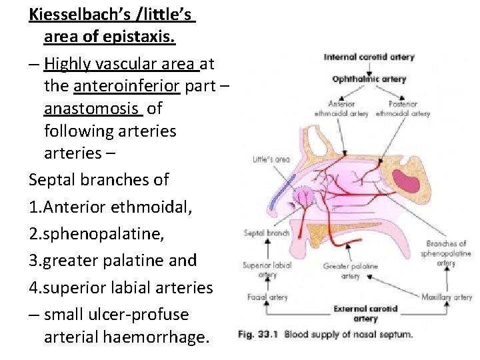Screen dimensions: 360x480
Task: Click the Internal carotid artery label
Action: pos(368,57)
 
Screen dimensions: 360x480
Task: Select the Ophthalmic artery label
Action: pos(369,79)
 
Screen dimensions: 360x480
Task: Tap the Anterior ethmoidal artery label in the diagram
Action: pos(341,109)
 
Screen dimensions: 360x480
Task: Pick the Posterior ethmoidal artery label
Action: pos(402,109)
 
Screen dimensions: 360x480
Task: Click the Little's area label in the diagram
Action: pos(271,160)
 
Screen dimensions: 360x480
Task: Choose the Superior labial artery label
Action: pos(267,269)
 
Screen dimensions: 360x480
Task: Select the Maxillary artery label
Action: pos(446,297)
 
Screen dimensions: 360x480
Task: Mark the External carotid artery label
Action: pos(365,313)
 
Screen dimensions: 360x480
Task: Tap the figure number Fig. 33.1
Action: pos(258,335)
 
